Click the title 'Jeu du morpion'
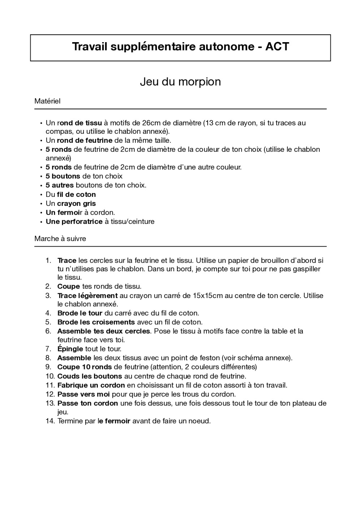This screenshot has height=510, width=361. [180, 82]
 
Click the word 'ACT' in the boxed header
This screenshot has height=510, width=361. [277, 46]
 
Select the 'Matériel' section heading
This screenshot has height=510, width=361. [47, 101]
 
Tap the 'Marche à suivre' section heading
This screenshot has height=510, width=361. [60, 239]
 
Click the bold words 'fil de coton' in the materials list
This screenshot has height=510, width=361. [77, 195]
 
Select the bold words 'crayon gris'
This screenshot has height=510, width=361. [77, 204]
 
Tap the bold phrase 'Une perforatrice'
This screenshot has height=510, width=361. [74, 222]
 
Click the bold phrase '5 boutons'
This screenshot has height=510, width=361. [63, 176]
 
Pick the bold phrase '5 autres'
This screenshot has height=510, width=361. [60, 185]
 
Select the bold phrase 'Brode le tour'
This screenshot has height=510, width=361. [80, 313]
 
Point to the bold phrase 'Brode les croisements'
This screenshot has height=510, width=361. [96, 322]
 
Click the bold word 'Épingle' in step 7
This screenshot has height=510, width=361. [70, 349]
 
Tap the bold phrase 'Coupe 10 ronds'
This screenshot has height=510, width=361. [84, 367]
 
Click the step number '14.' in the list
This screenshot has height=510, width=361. [50, 421]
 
